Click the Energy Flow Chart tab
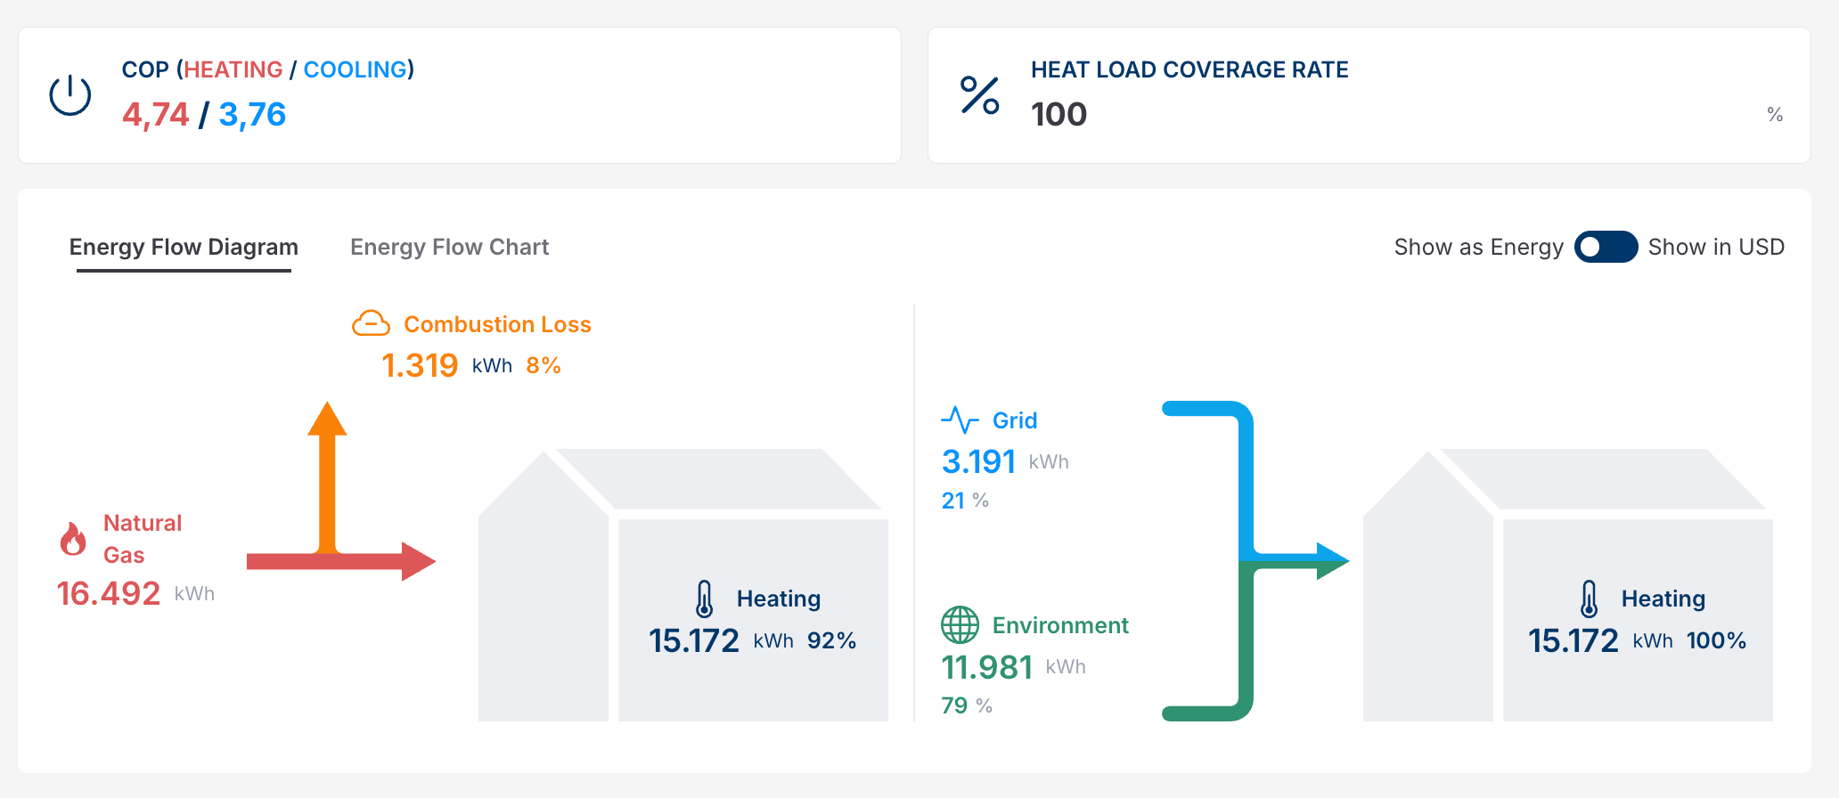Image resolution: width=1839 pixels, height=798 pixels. coord(449,247)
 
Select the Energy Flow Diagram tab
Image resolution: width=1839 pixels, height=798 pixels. coord(184,247)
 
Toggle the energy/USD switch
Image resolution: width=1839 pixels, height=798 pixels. coord(1606,247)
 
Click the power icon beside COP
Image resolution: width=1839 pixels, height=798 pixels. coord(70,95)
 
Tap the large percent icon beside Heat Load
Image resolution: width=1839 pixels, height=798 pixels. coord(979,95)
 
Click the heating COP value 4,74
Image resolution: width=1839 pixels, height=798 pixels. coord(156,115)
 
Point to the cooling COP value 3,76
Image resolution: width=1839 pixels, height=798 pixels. coord(252,115)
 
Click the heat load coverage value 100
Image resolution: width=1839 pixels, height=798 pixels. coord(1058,115)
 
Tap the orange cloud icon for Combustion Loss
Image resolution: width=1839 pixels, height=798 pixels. coord(371,323)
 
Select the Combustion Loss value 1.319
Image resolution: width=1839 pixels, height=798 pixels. coord(420,365)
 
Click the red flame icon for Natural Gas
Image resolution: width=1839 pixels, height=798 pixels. coord(73,539)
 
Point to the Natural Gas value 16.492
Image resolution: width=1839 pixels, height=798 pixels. coord(109,594)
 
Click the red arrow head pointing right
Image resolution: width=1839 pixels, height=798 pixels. coord(418,561)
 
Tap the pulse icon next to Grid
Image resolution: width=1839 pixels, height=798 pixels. coord(960,419)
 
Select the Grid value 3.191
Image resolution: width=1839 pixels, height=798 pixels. coord(978,462)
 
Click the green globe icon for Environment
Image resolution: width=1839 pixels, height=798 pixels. coord(960,625)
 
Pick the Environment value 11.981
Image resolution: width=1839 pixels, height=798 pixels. coord(987,667)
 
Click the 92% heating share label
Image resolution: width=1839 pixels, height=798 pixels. coord(831,640)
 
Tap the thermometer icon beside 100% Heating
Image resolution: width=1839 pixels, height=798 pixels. coord(1589,598)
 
